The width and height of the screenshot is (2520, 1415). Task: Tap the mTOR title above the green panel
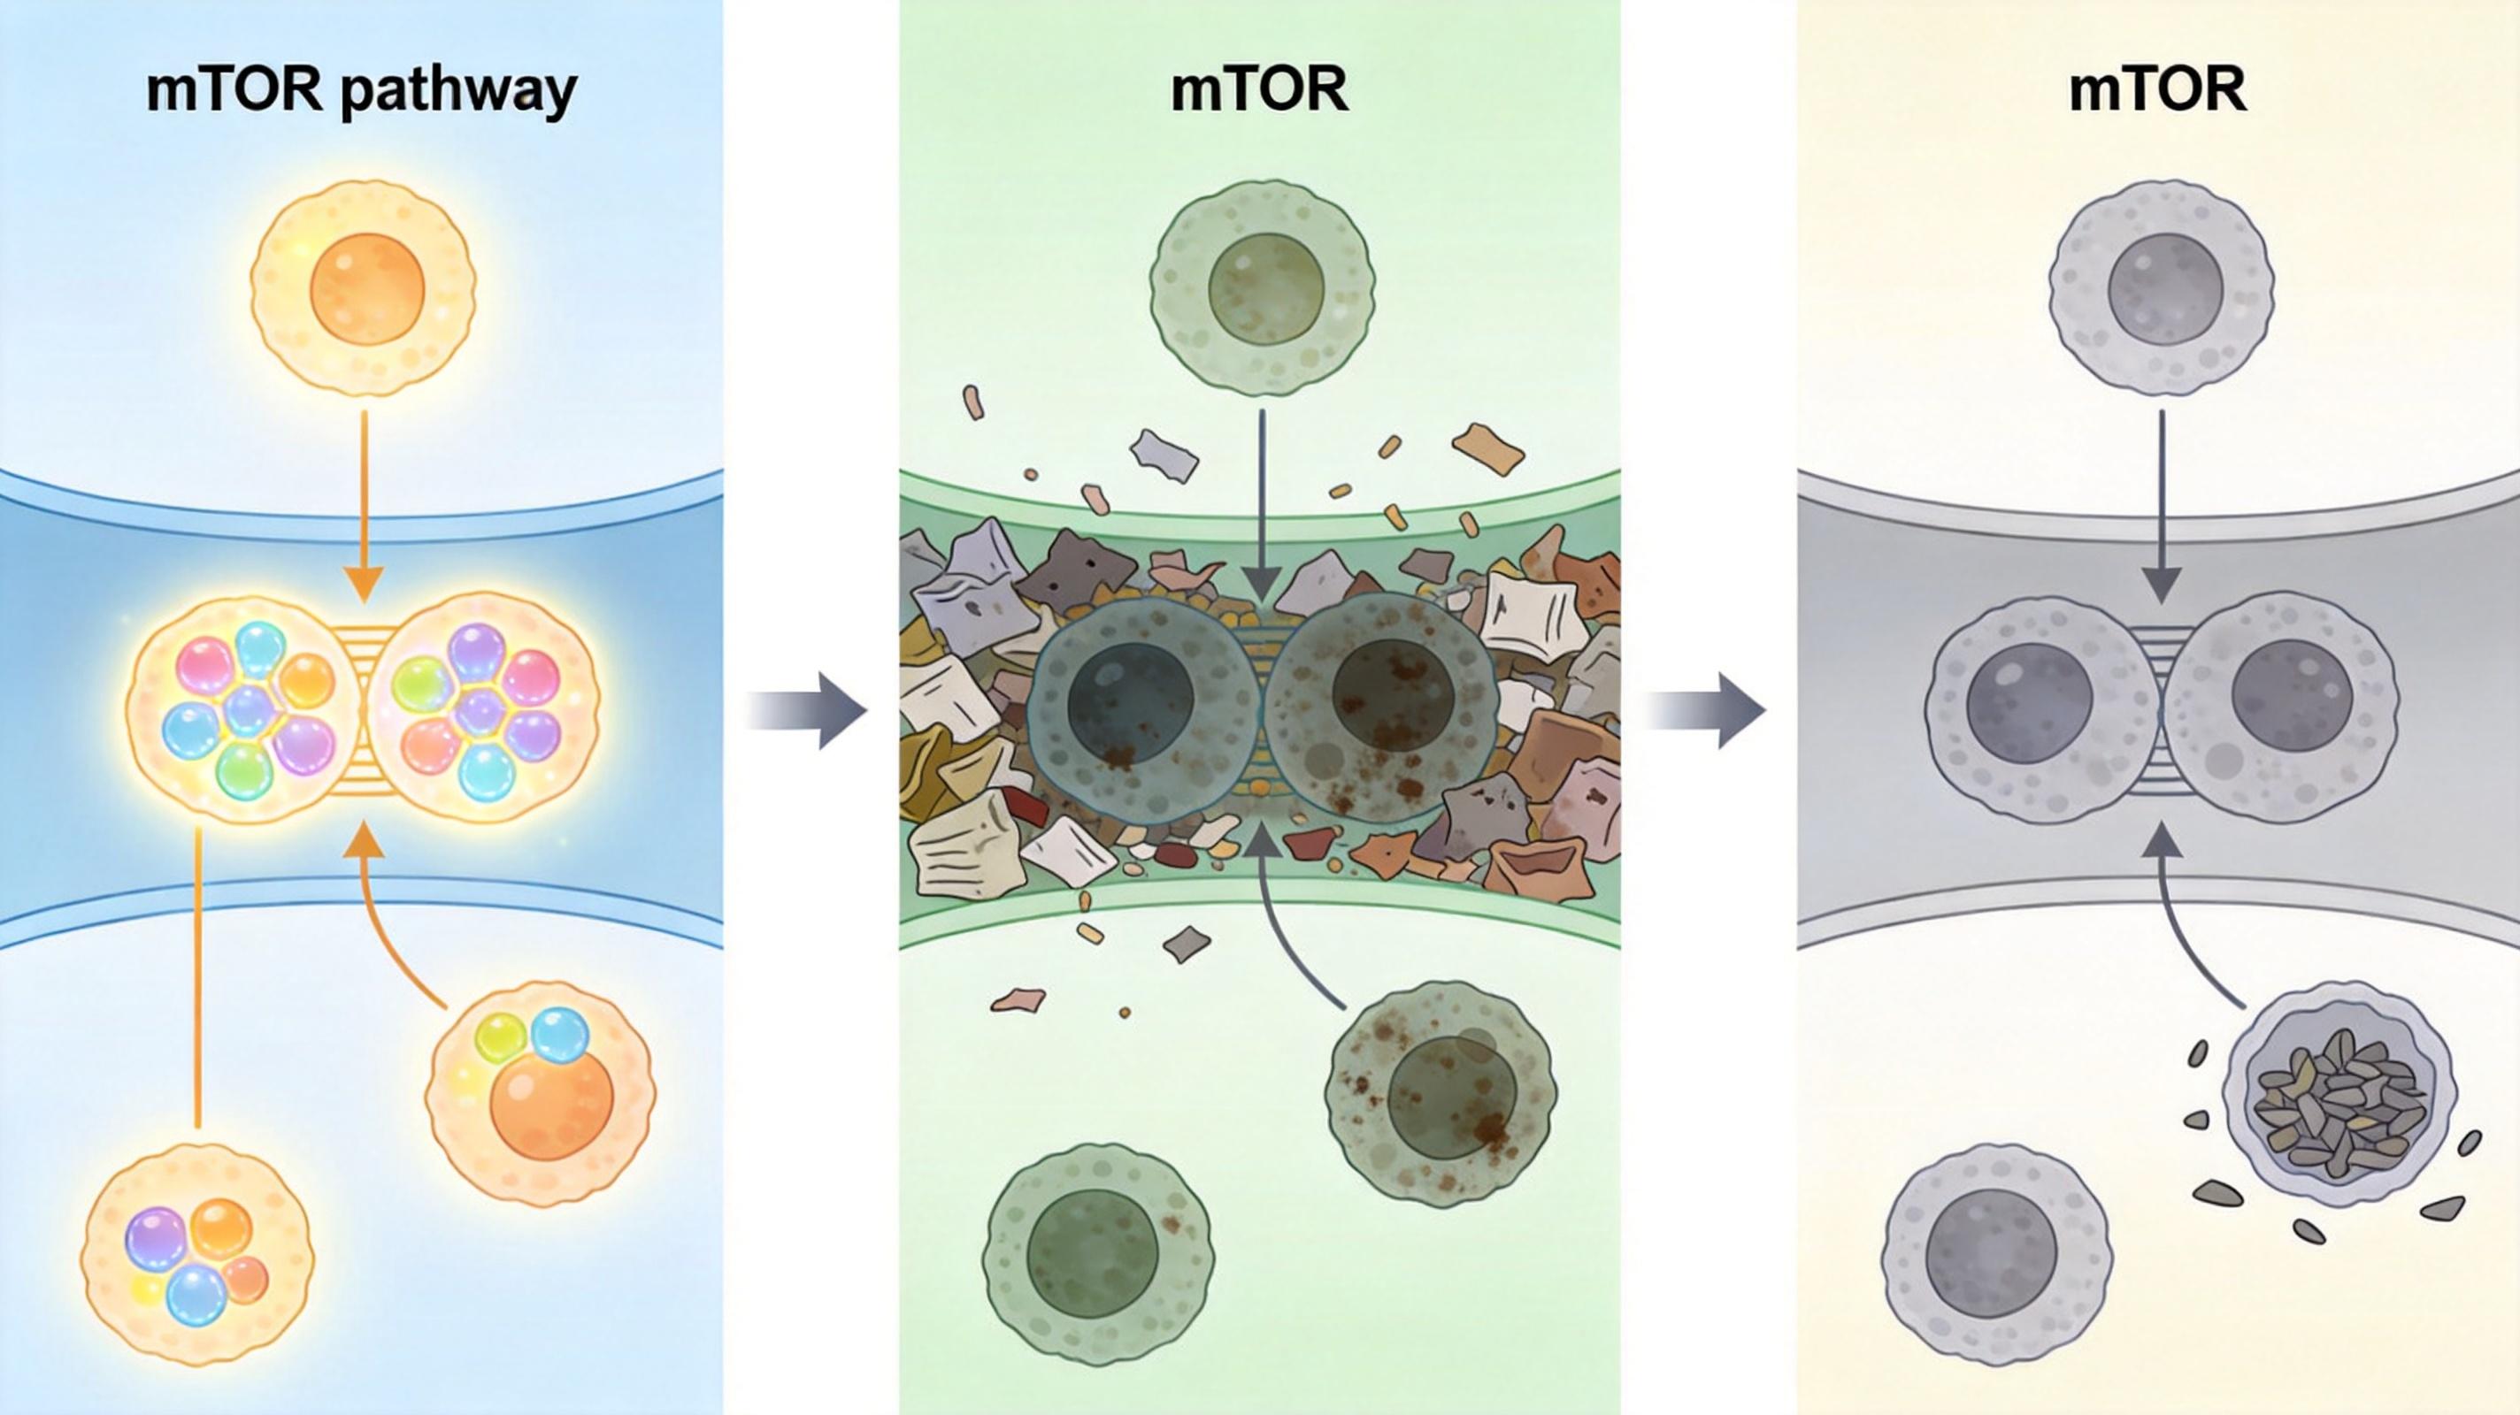tap(1259, 89)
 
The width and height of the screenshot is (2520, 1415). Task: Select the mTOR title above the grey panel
tap(2157, 89)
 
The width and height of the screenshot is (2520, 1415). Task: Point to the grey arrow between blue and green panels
tap(807, 710)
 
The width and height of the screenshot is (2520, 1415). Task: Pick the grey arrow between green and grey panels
tap(1705, 710)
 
